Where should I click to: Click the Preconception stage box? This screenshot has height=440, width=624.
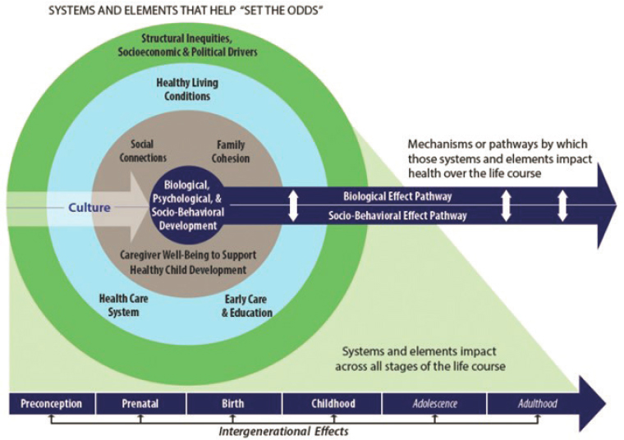pyautogui.click(x=51, y=404)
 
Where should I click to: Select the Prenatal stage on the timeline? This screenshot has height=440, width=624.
pyautogui.click(x=140, y=404)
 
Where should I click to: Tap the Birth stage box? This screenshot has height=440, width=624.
pyautogui.click(x=234, y=404)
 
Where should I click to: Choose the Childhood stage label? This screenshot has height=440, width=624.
pyautogui.click(x=332, y=404)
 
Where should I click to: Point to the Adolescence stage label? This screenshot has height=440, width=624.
pyautogui.click(x=434, y=404)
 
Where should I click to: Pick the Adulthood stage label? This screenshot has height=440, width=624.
pyautogui.click(x=537, y=404)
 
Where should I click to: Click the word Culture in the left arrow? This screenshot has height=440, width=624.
pyautogui.click(x=89, y=208)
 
